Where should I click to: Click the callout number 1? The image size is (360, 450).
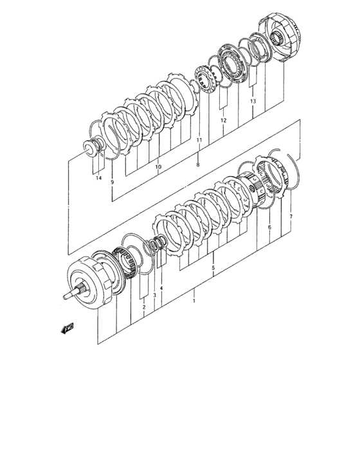(x=194, y=301)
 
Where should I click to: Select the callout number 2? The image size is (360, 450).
(x=144, y=307)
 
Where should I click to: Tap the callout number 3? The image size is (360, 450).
(x=154, y=295)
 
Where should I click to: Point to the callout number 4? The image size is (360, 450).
(x=161, y=288)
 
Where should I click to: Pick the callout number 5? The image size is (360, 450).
(x=213, y=268)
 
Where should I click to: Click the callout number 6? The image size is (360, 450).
(x=269, y=228)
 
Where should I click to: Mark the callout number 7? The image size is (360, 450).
(x=291, y=217)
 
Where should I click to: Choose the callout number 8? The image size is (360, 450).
(x=198, y=165)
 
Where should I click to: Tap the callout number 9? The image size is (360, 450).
(x=113, y=182)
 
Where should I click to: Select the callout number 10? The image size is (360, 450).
(x=158, y=166)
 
